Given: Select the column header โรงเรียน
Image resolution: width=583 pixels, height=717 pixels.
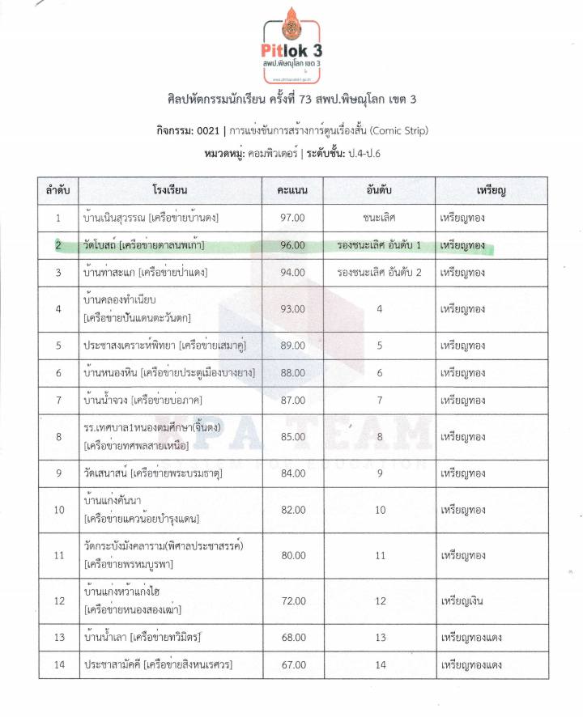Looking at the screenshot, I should click(x=169, y=191).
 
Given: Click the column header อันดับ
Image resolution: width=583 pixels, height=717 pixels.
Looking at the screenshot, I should click(x=379, y=191).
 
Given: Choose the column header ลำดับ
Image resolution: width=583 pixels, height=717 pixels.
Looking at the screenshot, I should click(x=58, y=191).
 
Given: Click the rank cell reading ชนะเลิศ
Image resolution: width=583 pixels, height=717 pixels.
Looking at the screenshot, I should click(x=379, y=218).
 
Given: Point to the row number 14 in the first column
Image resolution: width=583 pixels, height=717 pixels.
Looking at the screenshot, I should click(x=58, y=665).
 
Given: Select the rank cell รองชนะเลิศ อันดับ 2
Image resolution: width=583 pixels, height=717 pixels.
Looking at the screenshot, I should click(x=379, y=273).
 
